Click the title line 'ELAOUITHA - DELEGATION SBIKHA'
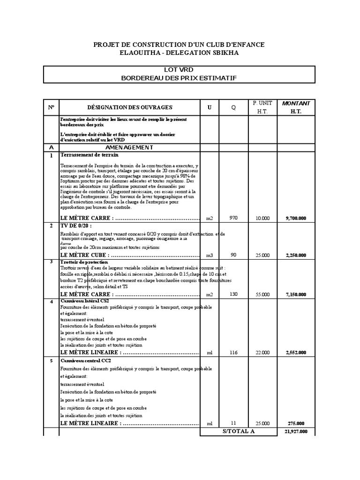pyautogui.click(x=180, y=52)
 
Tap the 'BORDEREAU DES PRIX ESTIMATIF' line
pyautogui.click(x=180, y=77)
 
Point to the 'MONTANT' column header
pyautogui.click(x=296, y=103)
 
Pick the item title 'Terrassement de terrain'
pyautogui.click(x=89, y=154)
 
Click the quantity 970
pyautogui.click(x=234, y=218)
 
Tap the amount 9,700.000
pyautogui.click(x=296, y=218)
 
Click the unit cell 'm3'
pyautogui.click(x=210, y=255)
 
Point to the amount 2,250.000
pyautogui.click(x=296, y=255)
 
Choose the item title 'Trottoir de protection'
pyautogui.click(x=84, y=262)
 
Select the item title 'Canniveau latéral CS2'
pyautogui.click(x=85, y=301)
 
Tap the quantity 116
pyautogui.click(x=234, y=352)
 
